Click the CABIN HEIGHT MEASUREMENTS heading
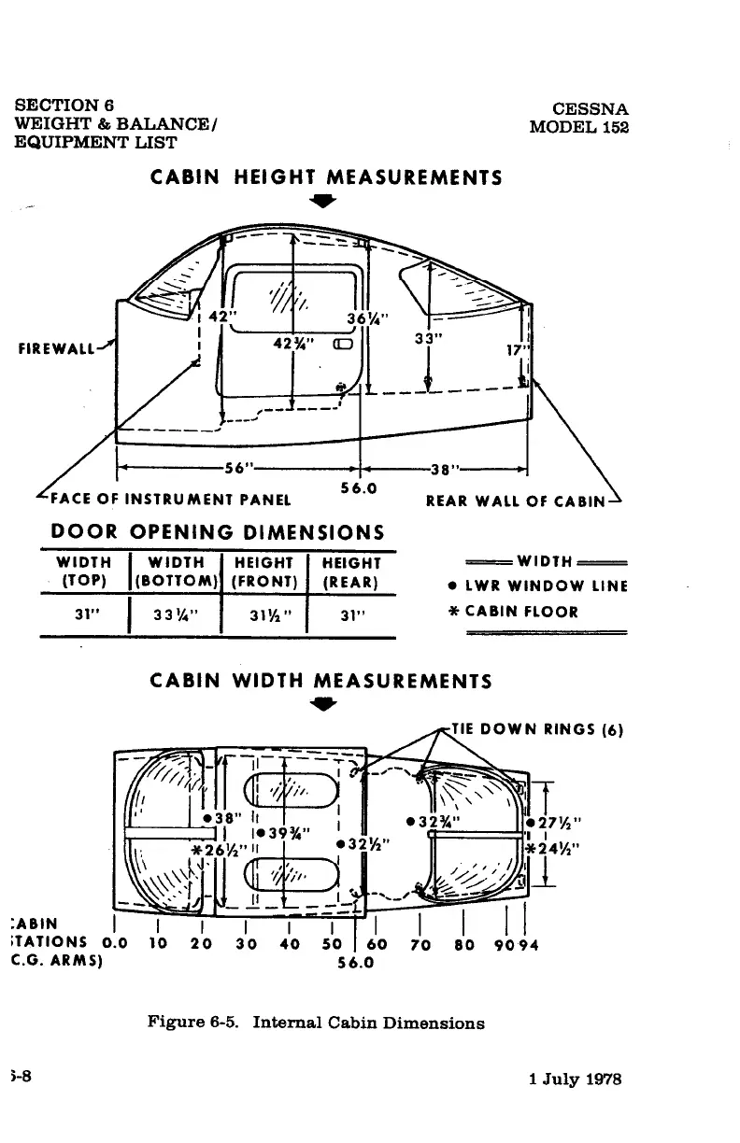pyautogui.click(x=326, y=176)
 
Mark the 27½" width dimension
pyautogui.click(x=558, y=823)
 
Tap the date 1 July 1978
pyautogui.click(x=575, y=1080)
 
